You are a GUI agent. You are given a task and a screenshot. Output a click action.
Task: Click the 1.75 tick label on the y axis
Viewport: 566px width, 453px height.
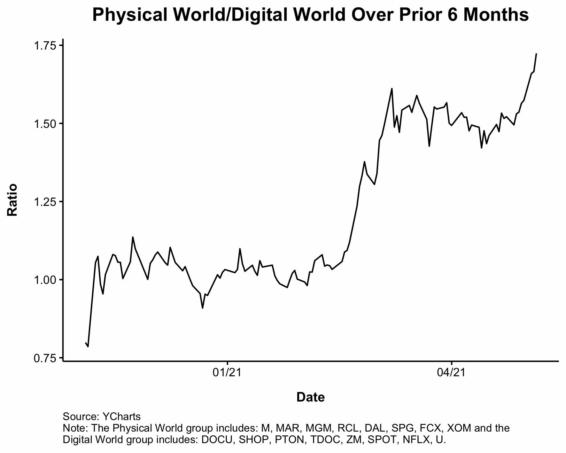(45, 46)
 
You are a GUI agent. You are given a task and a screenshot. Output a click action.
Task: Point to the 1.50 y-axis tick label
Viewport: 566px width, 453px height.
(45, 124)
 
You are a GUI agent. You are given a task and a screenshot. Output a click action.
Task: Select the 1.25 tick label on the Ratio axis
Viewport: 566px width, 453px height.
(45, 202)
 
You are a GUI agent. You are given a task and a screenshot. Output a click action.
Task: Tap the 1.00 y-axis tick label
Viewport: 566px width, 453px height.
(45, 280)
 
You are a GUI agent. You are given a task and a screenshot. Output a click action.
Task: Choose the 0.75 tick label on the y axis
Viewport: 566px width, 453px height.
(45, 358)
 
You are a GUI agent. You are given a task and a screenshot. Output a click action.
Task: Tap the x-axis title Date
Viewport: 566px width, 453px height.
(310, 397)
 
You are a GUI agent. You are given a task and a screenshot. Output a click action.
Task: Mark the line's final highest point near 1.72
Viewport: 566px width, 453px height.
(536, 54)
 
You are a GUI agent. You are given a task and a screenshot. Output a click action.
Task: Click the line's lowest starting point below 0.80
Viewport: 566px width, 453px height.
(88, 347)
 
